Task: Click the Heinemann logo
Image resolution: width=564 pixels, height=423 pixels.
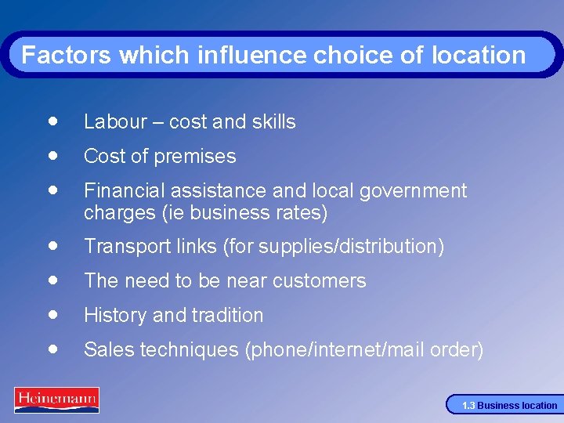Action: click(56, 399)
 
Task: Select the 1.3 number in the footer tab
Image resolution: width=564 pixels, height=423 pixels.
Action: click(468, 406)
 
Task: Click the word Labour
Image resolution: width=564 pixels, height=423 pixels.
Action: click(115, 121)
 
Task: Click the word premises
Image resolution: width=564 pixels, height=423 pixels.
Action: click(199, 156)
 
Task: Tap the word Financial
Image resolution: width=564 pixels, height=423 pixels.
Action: click(120, 190)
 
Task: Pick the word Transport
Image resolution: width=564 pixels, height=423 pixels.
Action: click(122, 246)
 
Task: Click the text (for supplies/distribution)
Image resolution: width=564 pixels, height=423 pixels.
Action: click(334, 246)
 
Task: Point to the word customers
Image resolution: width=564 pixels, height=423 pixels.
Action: click(322, 280)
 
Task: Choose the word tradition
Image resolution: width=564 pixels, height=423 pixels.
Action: click(226, 315)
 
